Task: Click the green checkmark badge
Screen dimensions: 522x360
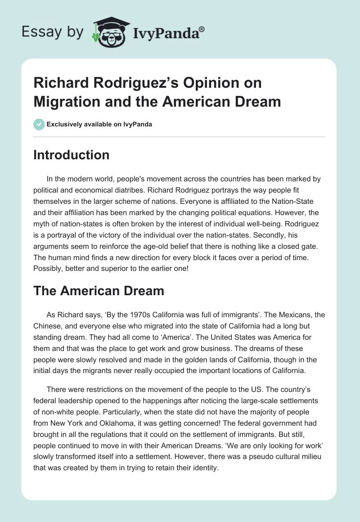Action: (x=39, y=124)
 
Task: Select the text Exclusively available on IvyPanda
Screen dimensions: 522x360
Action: (x=99, y=125)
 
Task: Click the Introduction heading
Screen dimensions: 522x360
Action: (x=72, y=155)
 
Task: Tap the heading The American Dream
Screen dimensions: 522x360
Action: (x=99, y=291)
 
